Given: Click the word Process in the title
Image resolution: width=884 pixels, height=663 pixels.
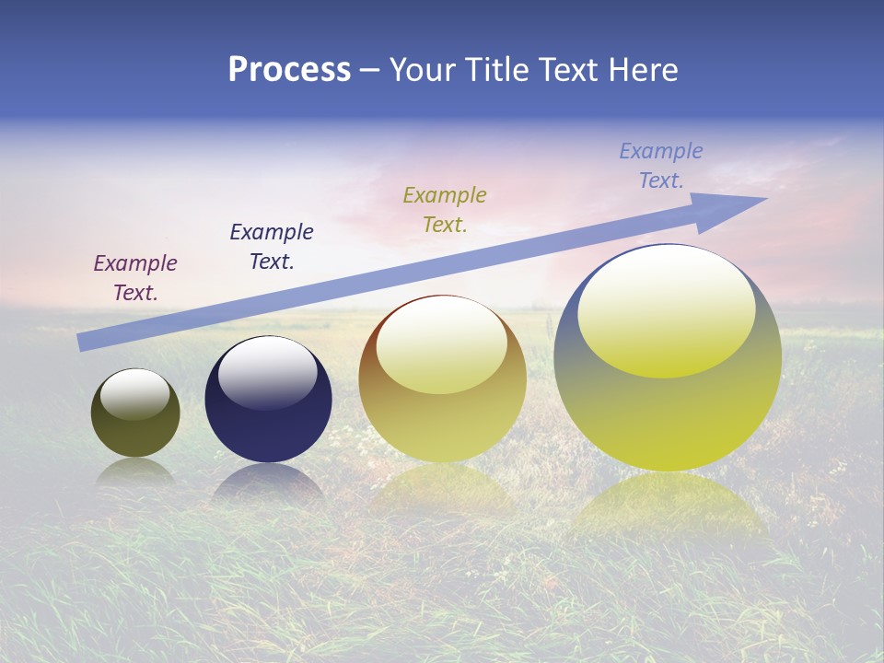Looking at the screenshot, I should [289, 70].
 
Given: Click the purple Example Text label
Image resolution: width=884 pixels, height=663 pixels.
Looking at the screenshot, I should [135, 277].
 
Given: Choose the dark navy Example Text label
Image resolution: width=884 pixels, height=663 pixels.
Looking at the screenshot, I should [272, 246].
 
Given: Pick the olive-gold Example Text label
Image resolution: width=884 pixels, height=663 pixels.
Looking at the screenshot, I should [445, 209].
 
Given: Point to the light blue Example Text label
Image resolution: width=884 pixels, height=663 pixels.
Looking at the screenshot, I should [661, 165].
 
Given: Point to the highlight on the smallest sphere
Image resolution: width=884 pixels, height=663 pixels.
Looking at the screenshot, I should [135, 394].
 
